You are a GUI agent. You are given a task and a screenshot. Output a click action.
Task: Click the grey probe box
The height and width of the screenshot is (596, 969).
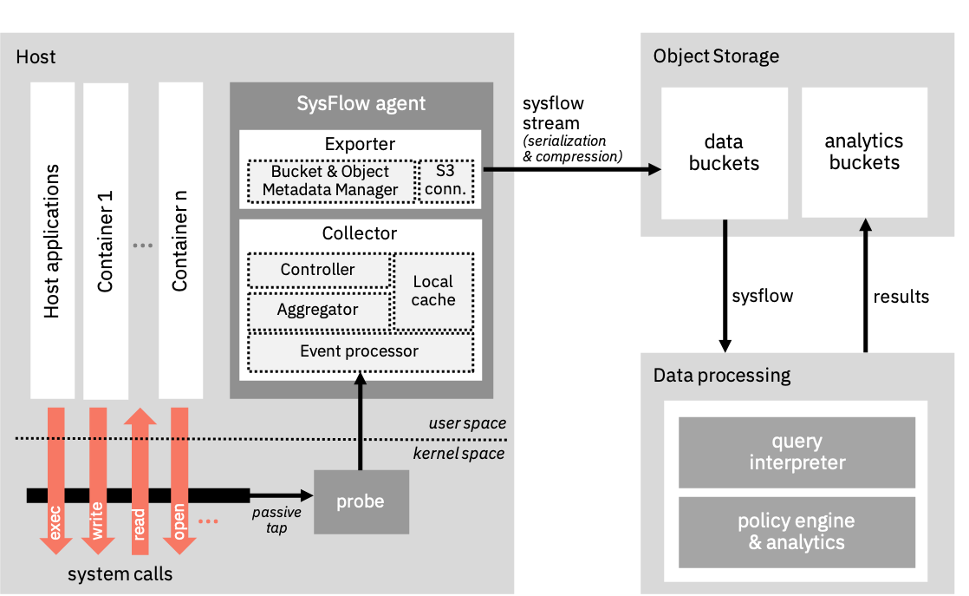coord(361,501)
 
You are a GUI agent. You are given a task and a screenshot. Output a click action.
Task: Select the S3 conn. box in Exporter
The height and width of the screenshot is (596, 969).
coord(447,180)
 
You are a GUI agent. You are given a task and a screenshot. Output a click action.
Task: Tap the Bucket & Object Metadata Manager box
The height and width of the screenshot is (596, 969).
coord(330,180)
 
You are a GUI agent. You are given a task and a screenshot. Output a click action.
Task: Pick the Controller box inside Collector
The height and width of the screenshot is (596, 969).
coord(318,270)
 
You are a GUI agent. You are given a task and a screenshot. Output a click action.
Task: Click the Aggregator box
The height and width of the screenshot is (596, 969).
coord(318,310)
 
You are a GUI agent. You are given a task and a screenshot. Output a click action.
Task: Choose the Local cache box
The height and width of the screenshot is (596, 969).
coord(433,291)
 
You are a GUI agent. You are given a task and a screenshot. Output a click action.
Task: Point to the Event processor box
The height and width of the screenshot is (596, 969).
coord(360,351)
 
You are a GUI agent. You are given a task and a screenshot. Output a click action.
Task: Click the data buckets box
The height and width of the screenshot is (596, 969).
coord(724,153)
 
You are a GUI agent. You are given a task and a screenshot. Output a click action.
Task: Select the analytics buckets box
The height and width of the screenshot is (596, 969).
coord(864,152)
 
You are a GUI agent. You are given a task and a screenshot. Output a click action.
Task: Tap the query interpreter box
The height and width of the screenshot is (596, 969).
coord(797,452)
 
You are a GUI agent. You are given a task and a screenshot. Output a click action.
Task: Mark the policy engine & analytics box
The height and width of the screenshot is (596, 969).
coord(797,532)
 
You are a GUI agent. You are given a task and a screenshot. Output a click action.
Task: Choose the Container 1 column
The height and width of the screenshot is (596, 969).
coord(106,239)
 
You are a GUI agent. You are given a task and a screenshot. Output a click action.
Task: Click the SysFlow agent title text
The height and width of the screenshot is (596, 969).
coord(361,104)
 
